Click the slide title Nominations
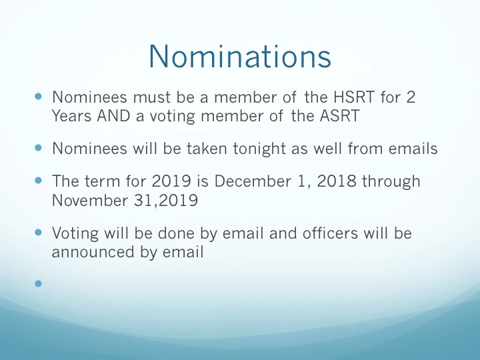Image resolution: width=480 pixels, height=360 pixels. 240,56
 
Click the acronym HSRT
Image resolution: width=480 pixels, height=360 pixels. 353,97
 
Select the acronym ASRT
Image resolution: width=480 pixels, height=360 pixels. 339,116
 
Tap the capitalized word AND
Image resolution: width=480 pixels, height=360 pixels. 113,116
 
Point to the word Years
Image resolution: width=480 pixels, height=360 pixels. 71,116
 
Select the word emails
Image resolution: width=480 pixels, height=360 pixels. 413,149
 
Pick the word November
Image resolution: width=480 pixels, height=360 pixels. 90,201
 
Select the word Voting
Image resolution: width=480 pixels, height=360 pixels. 75,234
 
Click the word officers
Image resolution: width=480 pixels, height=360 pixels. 330,233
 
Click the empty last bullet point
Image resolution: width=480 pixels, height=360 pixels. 38,283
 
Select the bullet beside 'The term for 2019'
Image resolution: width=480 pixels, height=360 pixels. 38,181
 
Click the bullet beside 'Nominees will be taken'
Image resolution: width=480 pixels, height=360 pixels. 38,148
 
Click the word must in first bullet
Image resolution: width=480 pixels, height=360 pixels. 152,97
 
